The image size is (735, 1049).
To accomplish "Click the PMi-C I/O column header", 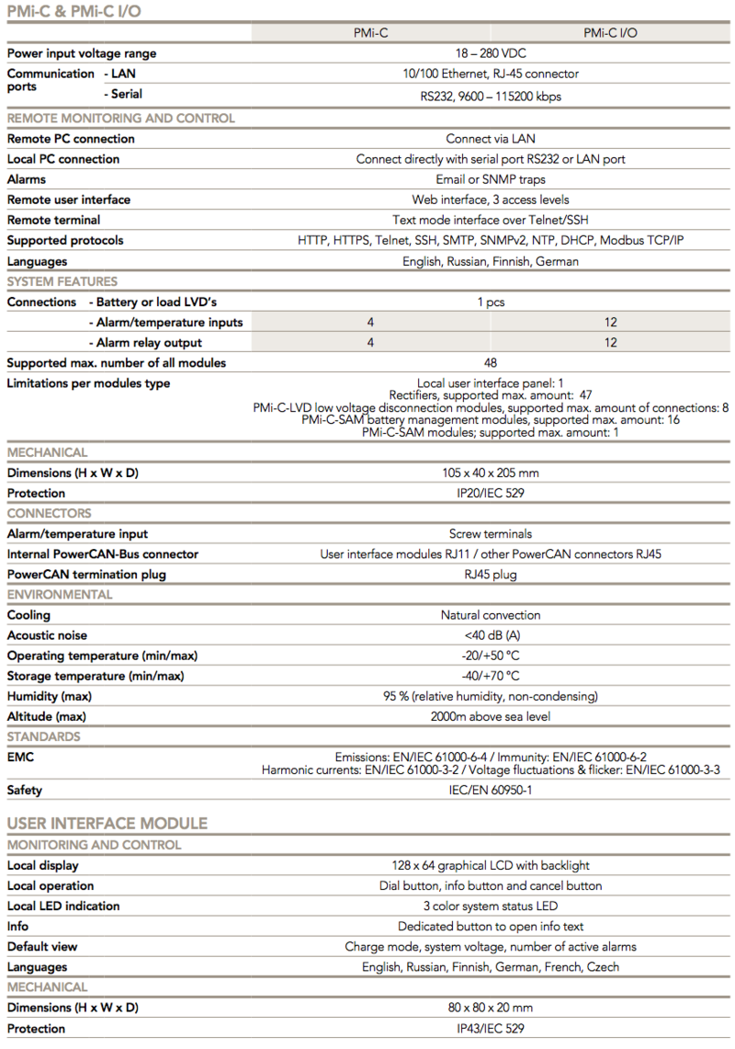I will click(x=610, y=32).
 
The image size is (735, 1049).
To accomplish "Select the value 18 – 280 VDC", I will click(x=491, y=53).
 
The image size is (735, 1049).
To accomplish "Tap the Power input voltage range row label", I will click(x=82, y=53).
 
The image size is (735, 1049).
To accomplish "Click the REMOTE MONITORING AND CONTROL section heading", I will click(x=121, y=118).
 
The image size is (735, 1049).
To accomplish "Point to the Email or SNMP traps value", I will click(x=491, y=179).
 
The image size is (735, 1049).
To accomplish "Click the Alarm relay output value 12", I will click(x=611, y=342).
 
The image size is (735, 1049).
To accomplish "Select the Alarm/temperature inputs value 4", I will click(x=371, y=322).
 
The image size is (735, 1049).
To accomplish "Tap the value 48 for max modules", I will click(x=491, y=362).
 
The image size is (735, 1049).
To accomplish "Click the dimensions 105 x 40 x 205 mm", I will click(x=491, y=473).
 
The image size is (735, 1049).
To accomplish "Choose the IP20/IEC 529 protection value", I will click(x=491, y=493).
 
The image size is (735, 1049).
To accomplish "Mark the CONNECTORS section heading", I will click(x=50, y=513).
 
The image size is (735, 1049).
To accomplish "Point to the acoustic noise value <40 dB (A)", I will click(x=491, y=635).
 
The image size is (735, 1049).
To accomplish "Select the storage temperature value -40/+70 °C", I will click(x=491, y=676).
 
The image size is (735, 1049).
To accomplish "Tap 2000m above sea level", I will click(x=491, y=716).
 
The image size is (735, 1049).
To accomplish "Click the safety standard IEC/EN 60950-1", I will click(x=491, y=790).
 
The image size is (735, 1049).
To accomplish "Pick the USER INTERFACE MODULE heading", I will click(x=107, y=823).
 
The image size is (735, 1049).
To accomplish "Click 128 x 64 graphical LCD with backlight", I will click(x=491, y=865).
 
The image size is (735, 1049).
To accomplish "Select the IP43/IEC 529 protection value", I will click(x=491, y=1029).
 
